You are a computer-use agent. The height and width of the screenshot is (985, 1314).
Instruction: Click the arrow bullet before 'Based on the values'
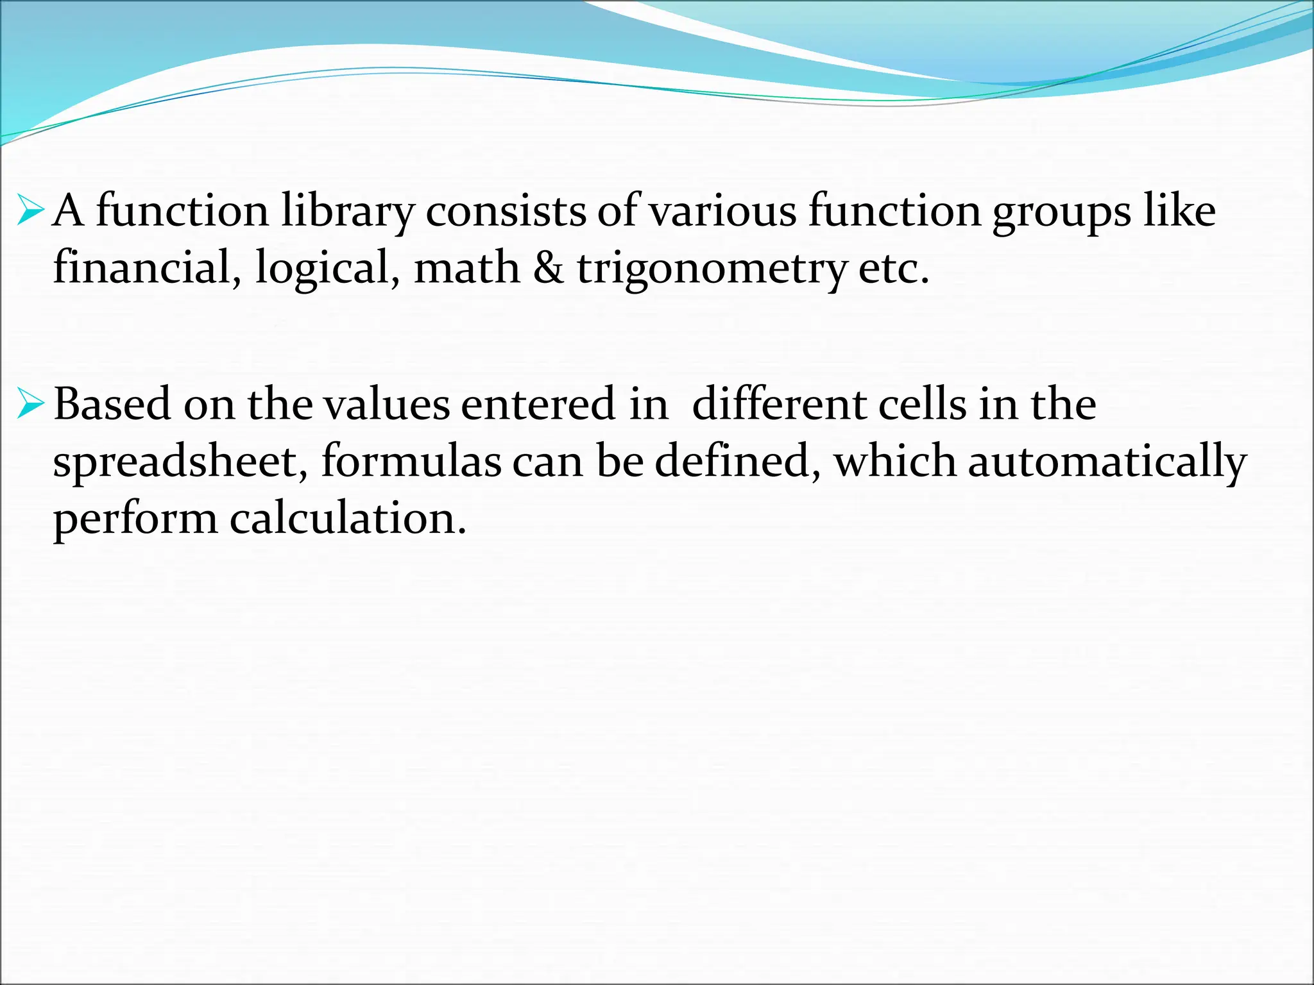pos(31,405)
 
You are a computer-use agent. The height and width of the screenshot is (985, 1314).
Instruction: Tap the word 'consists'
pos(506,212)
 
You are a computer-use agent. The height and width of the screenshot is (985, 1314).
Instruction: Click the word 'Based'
pos(112,405)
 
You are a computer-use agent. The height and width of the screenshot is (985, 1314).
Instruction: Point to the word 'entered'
pos(537,405)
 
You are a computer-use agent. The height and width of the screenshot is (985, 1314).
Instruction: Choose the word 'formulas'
pos(411,461)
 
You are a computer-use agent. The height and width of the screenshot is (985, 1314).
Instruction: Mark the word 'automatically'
pos(1107,462)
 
